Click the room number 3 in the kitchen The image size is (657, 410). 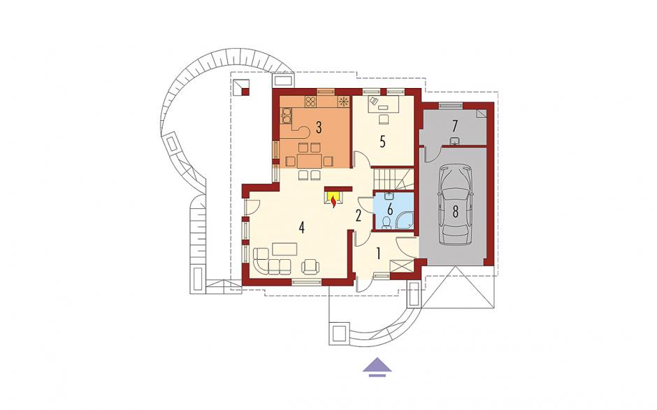pyautogui.click(x=319, y=128)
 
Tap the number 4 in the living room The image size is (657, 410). pyautogui.click(x=301, y=228)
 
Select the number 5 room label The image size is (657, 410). pyautogui.click(x=382, y=142)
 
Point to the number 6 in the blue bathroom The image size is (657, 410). pyautogui.click(x=390, y=207)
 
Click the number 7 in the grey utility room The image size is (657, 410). pyautogui.click(x=455, y=125)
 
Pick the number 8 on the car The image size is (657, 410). pyautogui.click(x=454, y=212)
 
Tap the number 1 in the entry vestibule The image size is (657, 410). pyautogui.click(x=378, y=254)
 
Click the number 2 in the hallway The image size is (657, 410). pyautogui.click(x=359, y=216)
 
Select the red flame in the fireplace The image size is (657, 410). pyautogui.click(x=333, y=203)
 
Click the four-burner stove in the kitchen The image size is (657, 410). pyautogui.click(x=310, y=101)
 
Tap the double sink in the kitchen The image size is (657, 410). pyautogui.click(x=287, y=115)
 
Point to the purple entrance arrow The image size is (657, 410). pyautogui.click(x=377, y=367)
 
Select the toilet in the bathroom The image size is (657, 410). pyautogui.click(x=387, y=222)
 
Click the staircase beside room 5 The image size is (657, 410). pyautogui.click(x=393, y=179)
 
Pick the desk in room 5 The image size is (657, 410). pyautogui.click(x=383, y=104)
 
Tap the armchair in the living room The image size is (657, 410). pyautogui.click(x=310, y=266)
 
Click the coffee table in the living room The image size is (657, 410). pyautogui.click(x=285, y=249)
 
